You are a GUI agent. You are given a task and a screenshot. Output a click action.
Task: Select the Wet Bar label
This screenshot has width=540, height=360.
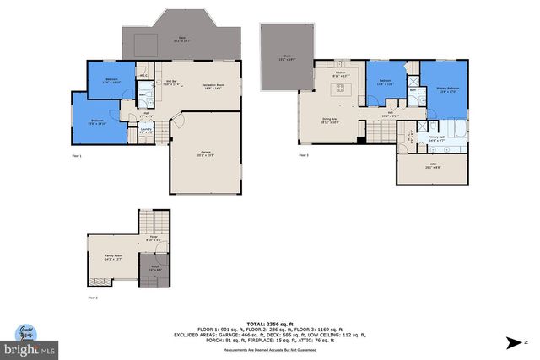point(170,83)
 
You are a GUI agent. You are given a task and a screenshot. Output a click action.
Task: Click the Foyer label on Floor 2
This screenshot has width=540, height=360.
point(154,239)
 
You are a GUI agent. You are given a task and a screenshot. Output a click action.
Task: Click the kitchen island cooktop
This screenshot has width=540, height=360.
point(342,90)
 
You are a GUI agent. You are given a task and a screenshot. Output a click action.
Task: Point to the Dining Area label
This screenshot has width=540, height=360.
point(329,121)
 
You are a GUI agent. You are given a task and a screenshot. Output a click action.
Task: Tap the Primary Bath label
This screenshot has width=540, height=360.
point(436,137)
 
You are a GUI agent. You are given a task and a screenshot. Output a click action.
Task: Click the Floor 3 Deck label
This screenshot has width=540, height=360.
point(282,58)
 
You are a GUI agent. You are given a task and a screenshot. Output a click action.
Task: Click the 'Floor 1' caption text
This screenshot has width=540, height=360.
point(78,156)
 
